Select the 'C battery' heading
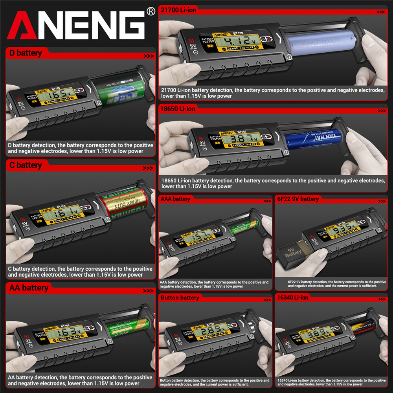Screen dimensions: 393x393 click(x=26, y=165)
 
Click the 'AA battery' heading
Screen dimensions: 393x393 click(x=29, y=288)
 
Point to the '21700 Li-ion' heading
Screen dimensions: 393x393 click(x=178, y=10)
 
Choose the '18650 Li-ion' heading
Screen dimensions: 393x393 click(x=178, y=109)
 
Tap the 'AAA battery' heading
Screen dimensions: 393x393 click(x=175, y=199)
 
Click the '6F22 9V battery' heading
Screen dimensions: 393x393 click(x=298, y=199)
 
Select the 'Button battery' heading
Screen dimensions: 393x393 click(x=180, y=298)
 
